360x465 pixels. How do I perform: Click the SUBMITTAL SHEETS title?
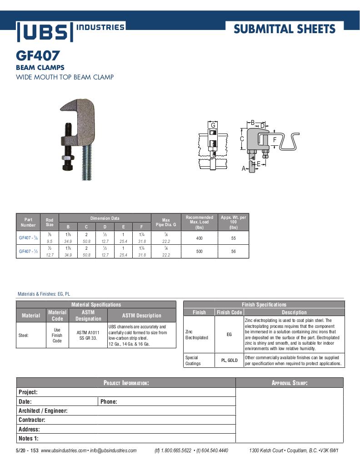pyautogui.click(x=285, y=30)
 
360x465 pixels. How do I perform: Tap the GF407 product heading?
pyautogui.click(x=38, y=56)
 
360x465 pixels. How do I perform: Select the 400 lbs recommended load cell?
pyautogui.click(x=199, y=238)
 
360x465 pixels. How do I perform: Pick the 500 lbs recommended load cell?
pyautogui.click(x=199, y=251)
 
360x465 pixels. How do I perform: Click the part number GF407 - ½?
pyautogui.click(x=28, y=251)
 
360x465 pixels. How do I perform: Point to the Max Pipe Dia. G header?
pyautogui.click(x=166, y=223)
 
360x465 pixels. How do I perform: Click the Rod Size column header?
pyautogui.click(x=50, y=223)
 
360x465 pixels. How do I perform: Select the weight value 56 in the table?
pyautogui.click(x=233, y=251)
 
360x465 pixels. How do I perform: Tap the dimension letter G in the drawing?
pyautogui.click(x=213, y=125)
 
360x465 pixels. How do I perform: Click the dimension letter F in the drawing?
pyautogui.click(x=275, y=140)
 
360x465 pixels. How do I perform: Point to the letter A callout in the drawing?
pyautogui.click(x=244, y=168)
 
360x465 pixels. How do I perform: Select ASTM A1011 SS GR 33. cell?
pyautogui.click(x=88, y=335)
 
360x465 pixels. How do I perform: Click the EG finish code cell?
pyautogui.click(x=229, y=335)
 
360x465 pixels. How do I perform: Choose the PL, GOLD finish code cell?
pyautogui.click(x=229, y=361)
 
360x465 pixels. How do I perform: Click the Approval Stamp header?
pyautogui.click(x=290, y=383)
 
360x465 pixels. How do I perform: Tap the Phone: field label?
pyautogui.click(x=109, y=401)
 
